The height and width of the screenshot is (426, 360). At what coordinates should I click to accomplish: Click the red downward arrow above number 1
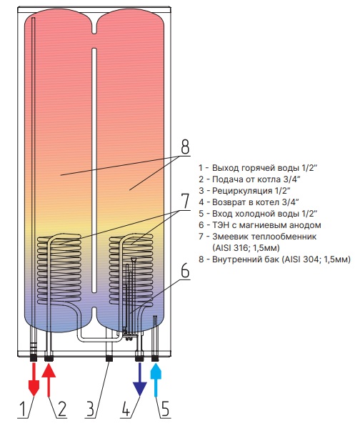(x=34, y=380)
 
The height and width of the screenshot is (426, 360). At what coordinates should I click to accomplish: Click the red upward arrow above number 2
(x=49, y=380)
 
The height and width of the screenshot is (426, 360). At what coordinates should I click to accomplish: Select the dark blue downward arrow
(x=139, y=380)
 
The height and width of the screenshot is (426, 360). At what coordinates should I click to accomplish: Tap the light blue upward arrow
(x=156, y=380)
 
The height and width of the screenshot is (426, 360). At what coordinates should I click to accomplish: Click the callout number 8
(x=185, y=147)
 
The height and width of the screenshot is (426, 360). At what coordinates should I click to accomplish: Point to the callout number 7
(x=185, y=201)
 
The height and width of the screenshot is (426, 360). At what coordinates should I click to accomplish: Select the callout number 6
(x=185, y=270)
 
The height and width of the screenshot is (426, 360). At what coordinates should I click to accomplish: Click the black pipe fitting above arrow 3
(x=109, y=359)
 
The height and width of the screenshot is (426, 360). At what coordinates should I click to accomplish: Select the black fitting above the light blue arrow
(x=155, y=359)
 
